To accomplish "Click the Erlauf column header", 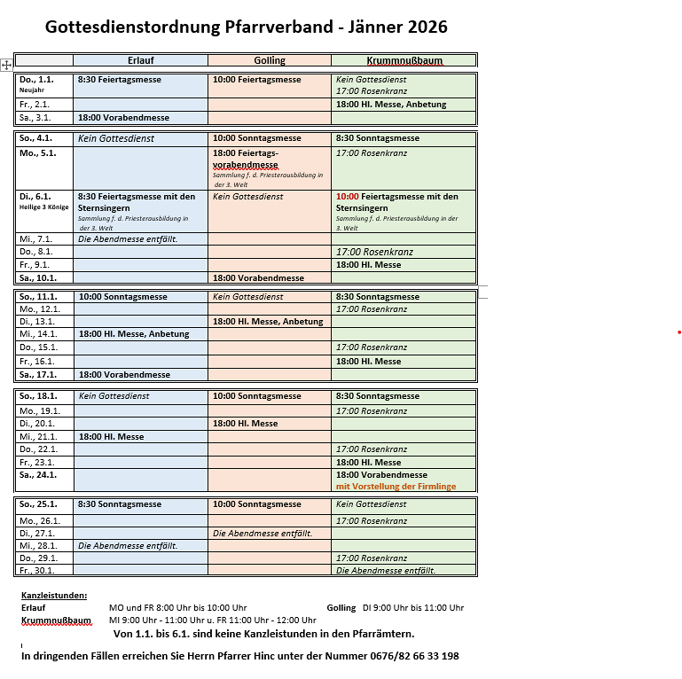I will (x=140, y=60).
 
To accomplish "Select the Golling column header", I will (x=270, y=60).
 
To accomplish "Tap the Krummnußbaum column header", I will (x=404, y=60).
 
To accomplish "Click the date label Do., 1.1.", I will (x=36, y=80).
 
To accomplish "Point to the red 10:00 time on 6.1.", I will (x=347, y=197).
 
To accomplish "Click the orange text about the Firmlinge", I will (x=396, y=487).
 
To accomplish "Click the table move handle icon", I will (x=6, y=65).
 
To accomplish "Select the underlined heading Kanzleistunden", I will (x=54, y=595).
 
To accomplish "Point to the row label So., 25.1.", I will (x=39, y=504).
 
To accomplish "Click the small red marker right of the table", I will (x=678, y=332).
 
